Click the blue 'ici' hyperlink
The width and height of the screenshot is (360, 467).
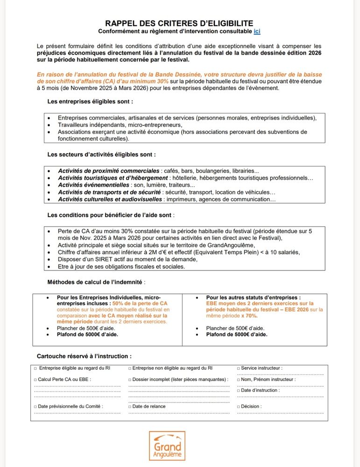click(257, 31)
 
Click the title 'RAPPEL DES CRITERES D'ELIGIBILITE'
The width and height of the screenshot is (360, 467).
click(179, 23)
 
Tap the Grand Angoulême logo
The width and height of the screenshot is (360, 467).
click(167, 446)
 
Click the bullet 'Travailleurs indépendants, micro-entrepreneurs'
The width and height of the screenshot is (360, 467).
click(120, 125)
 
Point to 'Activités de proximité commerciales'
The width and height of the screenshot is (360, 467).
click(108, 171)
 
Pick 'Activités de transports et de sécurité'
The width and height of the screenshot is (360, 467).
click(109, 192)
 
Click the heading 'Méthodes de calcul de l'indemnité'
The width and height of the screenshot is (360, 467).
click(96, 282)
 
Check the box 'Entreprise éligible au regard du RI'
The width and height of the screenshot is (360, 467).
click(35, 368)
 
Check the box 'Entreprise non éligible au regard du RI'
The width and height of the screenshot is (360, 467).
click(129, 368)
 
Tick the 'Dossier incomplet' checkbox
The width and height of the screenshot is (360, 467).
click(129, 380)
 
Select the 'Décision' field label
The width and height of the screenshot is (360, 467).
click(251, 406)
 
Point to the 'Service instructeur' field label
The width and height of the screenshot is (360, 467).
click(261, 368)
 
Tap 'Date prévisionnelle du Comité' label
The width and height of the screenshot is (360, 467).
click(70, 406)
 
